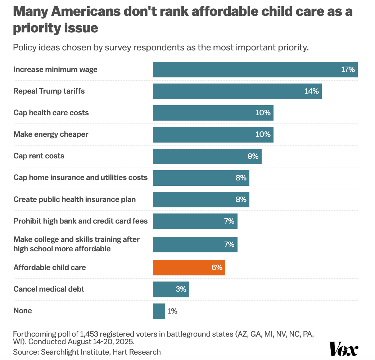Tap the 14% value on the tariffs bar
coord(312,91)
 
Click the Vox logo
coord(344,349)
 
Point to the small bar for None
coord(159,311)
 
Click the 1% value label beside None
coord(172,311)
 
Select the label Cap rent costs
coord(39,156)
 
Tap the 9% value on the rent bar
coord(253,156)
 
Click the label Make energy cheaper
coord(51,134)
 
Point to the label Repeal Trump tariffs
coord(49,91)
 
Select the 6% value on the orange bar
coord(217,267)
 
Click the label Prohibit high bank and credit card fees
coord(81,221)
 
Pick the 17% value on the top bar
coord(348,69)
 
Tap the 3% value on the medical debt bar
coord(181,289)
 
